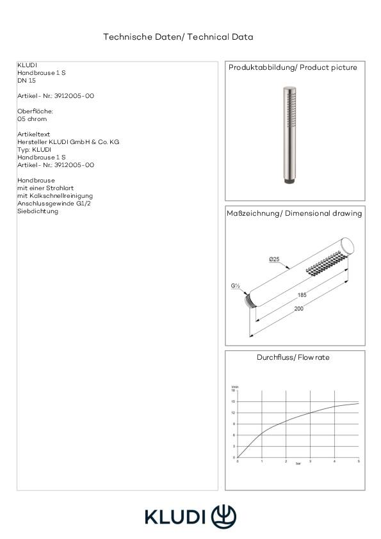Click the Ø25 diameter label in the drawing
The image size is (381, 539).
[273, 259]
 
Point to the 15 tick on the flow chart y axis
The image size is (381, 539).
[234, 402]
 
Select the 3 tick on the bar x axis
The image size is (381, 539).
[311, 461]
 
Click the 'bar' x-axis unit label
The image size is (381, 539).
[298, 464]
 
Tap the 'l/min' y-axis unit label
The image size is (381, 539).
[234, 387]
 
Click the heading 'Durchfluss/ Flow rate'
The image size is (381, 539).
[293, 357]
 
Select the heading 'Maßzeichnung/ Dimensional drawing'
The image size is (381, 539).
[295, 213]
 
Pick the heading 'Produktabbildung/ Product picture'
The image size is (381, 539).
[293, 67]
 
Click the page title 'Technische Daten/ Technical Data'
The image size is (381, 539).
[178, 37]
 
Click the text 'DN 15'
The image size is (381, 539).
[26, 81]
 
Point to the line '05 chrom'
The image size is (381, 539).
[32, 119]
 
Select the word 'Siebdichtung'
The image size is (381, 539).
[38, 211]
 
